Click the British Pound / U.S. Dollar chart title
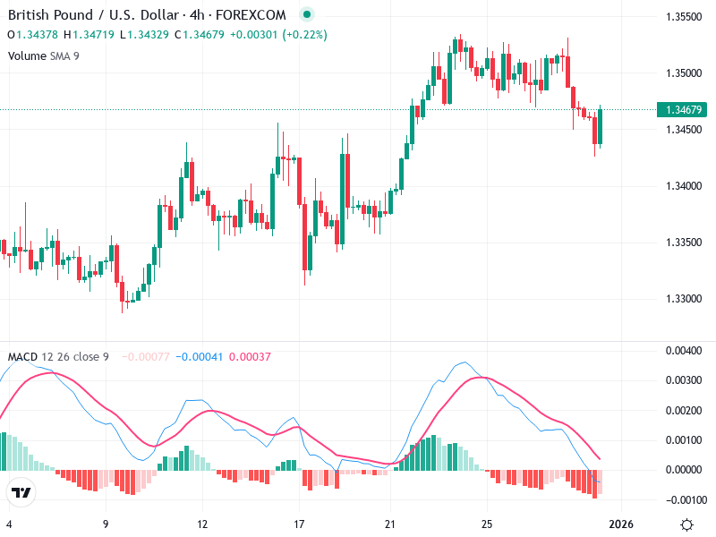pyautogui.click(x=147, y=15)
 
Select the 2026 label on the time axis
pyautogui.click(x=621, y=524)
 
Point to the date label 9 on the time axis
pyautogui.click(x=106, y=524)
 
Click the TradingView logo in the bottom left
pyautogui.click(x=21, y=492)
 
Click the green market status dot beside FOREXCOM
pyautogui.click(x=307, y=15)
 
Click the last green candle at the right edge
pyautogui.click(x=601, y=126)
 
